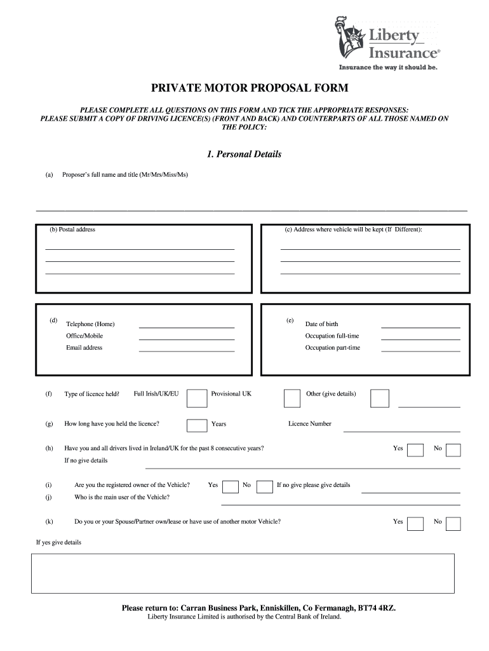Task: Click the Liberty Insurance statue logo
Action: pos(347,38)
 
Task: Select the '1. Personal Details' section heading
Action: pos(245,154)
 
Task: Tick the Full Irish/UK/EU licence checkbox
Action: pos(198,398)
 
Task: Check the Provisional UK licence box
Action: pos(292,398)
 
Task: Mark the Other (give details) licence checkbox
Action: pos(380,398)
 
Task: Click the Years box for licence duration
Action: pos(196,425)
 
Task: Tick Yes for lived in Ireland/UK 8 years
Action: pos(415,450)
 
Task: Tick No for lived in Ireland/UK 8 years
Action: pos(453,450)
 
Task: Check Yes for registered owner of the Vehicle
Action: pos(231,486)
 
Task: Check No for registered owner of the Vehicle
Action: pos(265,486)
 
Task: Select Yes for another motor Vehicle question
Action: pos(415,523)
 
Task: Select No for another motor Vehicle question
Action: pos(453,523)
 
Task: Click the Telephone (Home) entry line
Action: pos(187,326)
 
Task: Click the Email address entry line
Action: pos(187,350)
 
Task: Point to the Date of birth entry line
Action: pos(420,326)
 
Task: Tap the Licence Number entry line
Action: pos(401,430)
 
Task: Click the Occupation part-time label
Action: pos(332,348)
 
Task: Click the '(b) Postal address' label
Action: pos(72,230)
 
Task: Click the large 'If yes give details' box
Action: pos(243,573)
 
